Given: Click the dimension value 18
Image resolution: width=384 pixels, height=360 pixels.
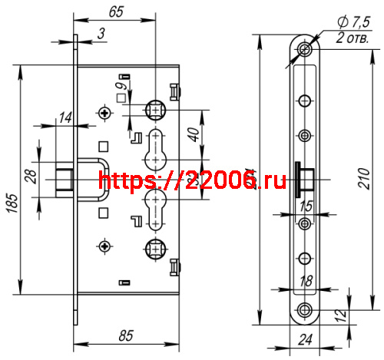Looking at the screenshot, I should click(x=306, y=282).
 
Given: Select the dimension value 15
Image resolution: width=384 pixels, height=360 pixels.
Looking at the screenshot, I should click(x=306, y=206).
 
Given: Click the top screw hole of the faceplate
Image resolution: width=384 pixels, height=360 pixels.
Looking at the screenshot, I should click(x=306, y=49).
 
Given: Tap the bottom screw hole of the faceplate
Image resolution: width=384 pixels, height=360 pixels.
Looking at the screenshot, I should click(x=306, y=310).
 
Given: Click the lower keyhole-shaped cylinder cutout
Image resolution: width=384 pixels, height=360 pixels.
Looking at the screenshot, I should click(x=154, y=207).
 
